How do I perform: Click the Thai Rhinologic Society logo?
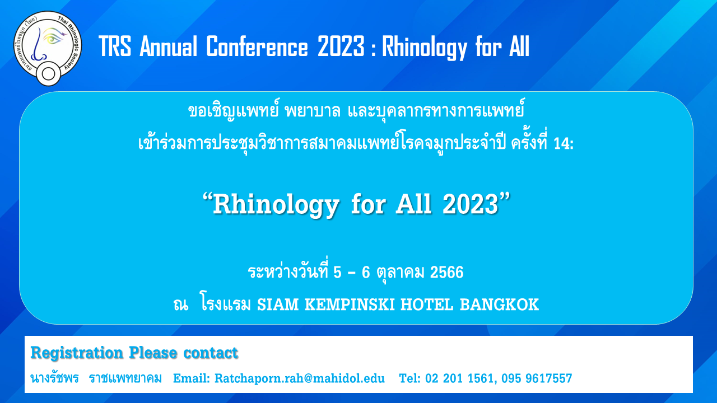point(48,48)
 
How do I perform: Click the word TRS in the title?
point(115,46)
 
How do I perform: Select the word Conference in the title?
point(257,46)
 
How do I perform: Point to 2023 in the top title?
point(341,46)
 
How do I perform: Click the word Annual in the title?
point(169,46)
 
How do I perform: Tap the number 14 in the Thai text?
point(561,144)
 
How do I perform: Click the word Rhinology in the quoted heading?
point(276,205)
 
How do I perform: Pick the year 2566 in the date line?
point(446,272)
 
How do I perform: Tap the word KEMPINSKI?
point(350,304)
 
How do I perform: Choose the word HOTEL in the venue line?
point(427,304)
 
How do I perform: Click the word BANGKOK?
point(499,304)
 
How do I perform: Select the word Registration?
point(77,353)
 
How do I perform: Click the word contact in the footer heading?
point(211,353)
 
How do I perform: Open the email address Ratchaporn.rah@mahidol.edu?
point(300,378)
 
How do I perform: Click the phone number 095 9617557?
point(537,378)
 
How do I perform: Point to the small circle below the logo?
point(48,74)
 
